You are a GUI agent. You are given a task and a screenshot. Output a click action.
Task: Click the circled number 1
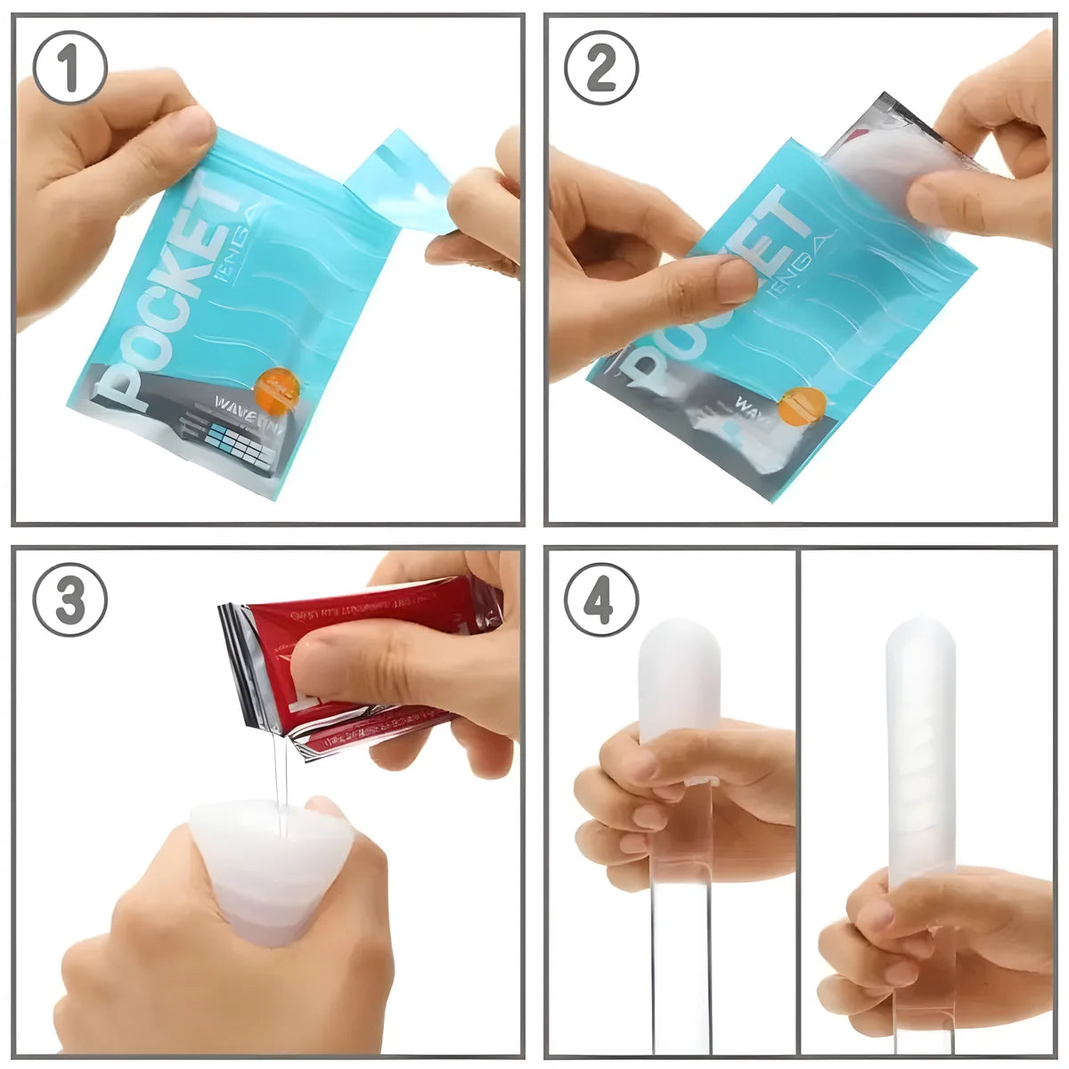[70, 69]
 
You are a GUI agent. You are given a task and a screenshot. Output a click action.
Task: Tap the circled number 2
[601, 69]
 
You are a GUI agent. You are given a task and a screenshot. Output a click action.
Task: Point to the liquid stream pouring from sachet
[282, 784]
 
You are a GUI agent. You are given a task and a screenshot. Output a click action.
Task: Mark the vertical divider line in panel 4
[798, 802]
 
